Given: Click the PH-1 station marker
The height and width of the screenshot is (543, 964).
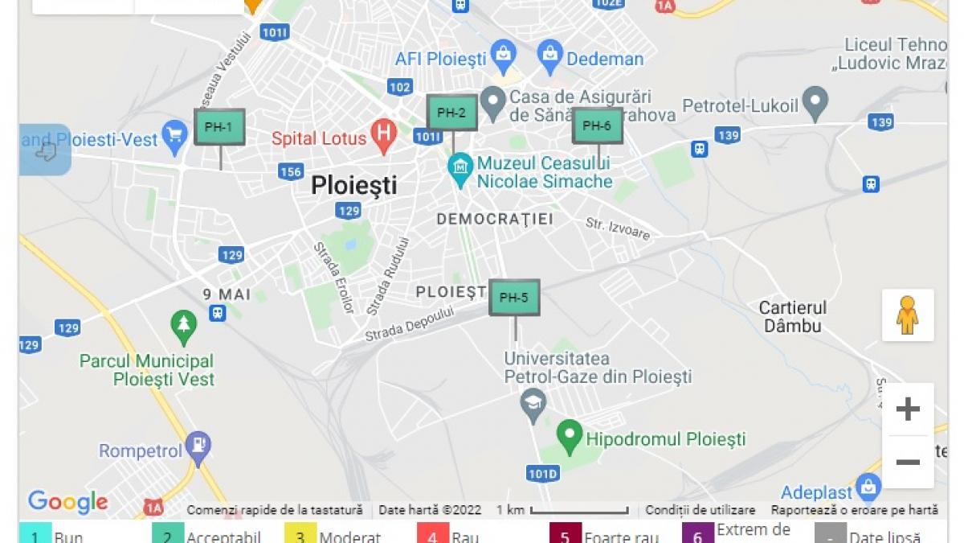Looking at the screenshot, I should pos(219,127).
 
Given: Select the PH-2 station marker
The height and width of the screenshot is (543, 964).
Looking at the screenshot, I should pos(451,113).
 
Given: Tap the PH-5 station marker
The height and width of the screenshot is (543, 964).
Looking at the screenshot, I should pos(514,298).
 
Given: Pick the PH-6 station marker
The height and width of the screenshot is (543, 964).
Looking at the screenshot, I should pos(597,125).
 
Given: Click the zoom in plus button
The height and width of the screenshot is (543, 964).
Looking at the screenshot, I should pos(908,409).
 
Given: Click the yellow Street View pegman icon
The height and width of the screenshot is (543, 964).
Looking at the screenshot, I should pos(908,315).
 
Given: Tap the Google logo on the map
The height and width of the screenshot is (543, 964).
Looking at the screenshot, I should pos(67,502).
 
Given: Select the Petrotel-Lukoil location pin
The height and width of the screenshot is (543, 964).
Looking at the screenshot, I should pos(815,103).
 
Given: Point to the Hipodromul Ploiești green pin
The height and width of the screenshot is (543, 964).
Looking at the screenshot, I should pos(570,435).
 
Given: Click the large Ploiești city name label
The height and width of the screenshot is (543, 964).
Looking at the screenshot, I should pos(354,186).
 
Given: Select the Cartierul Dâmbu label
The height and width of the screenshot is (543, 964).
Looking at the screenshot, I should pos(792,317).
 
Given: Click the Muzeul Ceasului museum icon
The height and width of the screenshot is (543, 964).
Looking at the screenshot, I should pos(460,168).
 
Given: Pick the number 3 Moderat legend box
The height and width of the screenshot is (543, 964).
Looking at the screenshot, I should pos(300,535).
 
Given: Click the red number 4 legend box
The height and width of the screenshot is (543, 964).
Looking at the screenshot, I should pos(432,535).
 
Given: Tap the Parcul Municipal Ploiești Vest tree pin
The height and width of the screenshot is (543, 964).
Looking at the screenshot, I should pos(184,326).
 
